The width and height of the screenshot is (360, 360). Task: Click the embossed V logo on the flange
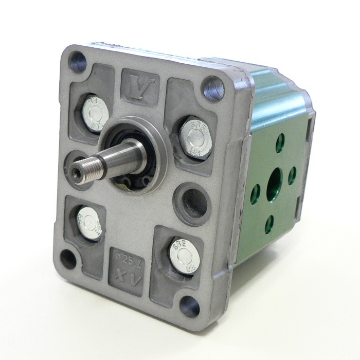tap(140, 82)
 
